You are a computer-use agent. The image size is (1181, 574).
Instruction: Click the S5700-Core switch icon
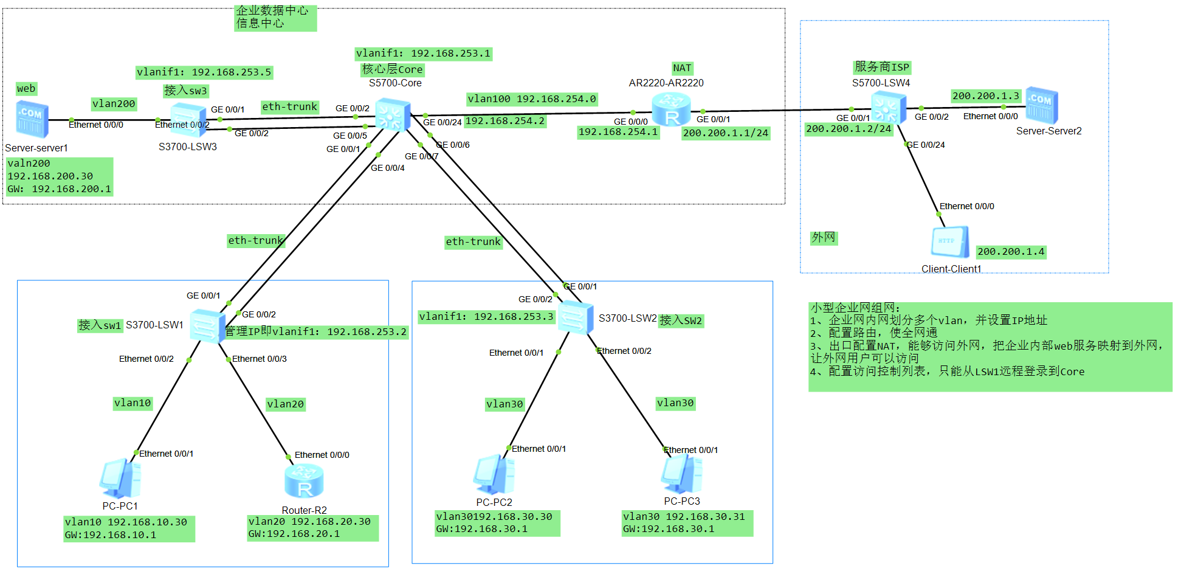click(x=391, y=114)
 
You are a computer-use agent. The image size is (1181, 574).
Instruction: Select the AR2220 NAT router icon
click(x=671, y=110)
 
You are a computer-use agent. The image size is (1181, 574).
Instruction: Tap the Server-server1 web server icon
click(x=32, y=119)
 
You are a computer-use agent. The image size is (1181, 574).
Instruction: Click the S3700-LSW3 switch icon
click(x=188, y=119)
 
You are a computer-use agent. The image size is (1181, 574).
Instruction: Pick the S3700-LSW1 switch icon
click(x=208, y=327)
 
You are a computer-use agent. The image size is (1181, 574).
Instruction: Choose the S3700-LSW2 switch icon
click(x=575, y=317)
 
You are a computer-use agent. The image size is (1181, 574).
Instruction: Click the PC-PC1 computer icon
click(x=120, y=479)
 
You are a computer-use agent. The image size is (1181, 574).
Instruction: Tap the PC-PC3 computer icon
click(x=681, y=474)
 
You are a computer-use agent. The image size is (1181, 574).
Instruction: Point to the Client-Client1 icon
click(x=950, y=242)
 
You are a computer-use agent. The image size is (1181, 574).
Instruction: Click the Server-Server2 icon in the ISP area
click(x=1042, y=105)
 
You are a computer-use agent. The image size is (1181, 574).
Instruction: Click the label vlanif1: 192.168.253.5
click(x=204, y=72)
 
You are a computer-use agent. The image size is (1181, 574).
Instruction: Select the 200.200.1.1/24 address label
click(x=726, y=133)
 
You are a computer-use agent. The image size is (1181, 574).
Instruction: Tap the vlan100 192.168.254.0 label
click(x=532, y=99)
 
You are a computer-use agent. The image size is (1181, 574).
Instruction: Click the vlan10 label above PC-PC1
click(x=133, y=403)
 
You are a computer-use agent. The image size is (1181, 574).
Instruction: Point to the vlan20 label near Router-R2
click(x=286, y=404)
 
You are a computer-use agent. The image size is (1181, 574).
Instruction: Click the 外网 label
click(x=824, y=238)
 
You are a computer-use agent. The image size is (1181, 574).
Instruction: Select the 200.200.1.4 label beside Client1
click(x=1011, y=252)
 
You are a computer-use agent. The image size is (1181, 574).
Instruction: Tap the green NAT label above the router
click(x=682, y=68)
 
